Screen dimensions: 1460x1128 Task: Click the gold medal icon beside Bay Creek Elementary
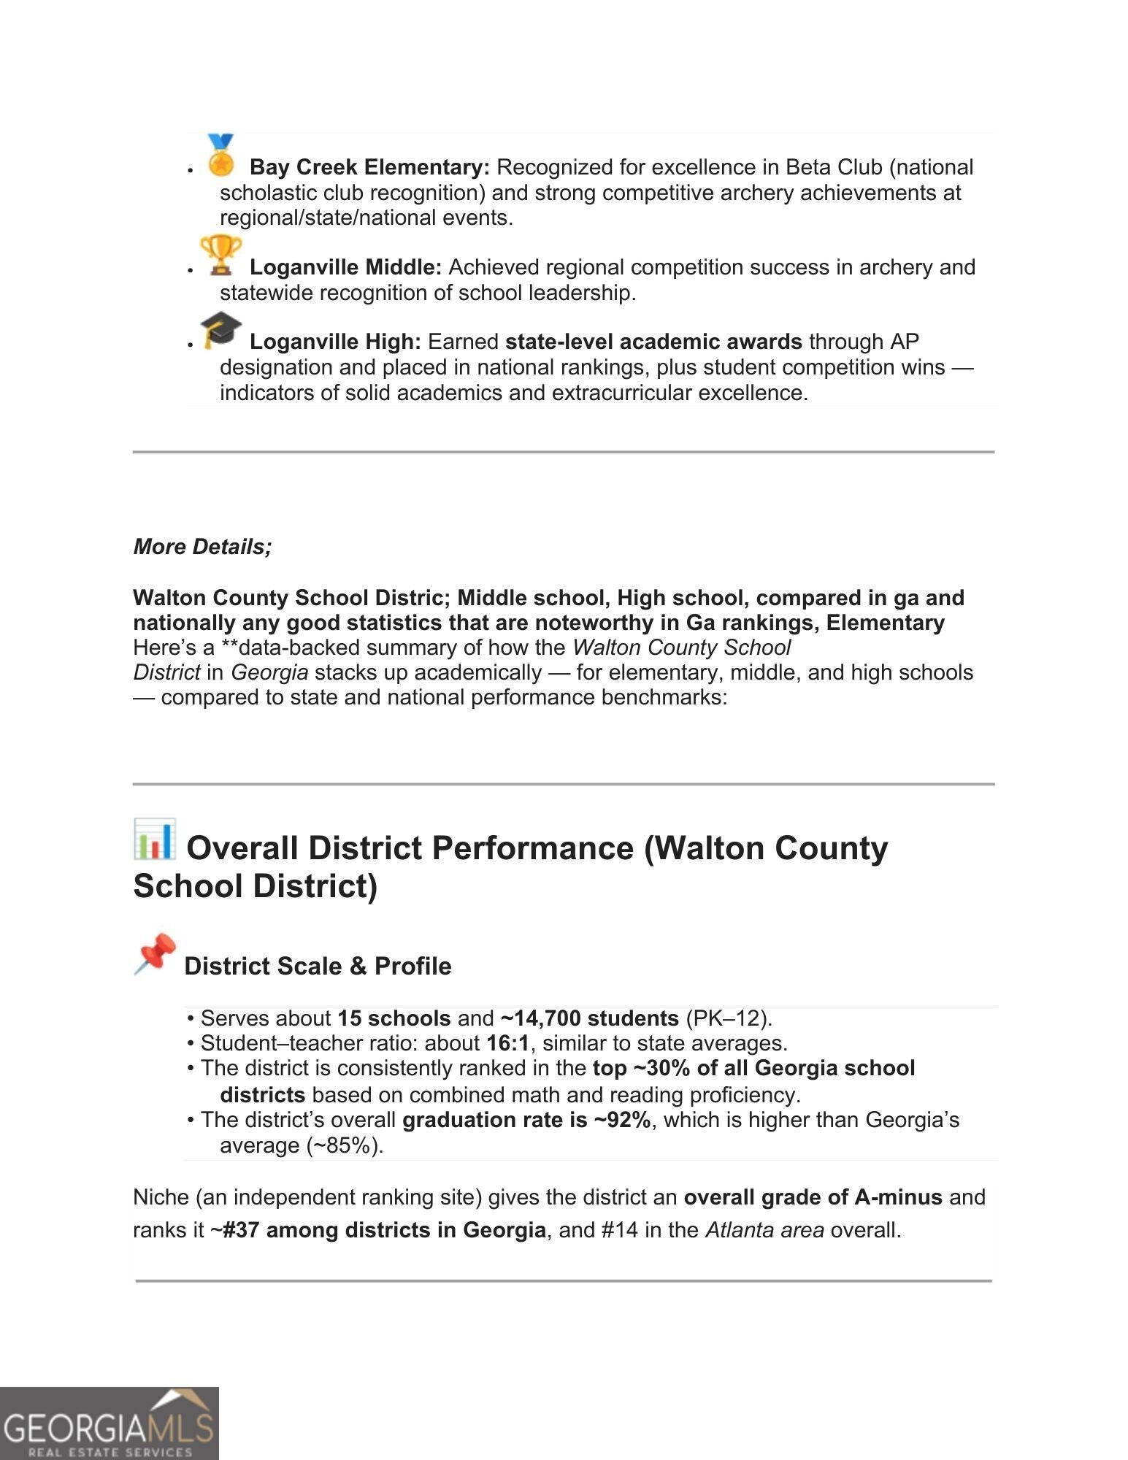[220, 155]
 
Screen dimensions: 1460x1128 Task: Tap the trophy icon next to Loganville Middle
[220, 255]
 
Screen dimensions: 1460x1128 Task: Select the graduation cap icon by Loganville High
[220, 330]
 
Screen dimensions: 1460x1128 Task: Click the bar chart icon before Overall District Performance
[155, 839]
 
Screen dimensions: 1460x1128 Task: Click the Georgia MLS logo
[109, 1423]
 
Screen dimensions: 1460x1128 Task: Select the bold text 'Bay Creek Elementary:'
[369, 167]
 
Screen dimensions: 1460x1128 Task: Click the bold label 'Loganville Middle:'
[345, 267]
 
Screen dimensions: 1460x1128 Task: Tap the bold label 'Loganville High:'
[335, 342]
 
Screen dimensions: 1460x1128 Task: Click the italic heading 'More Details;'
[202, 547]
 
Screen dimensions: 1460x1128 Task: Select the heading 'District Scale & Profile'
[318, 966]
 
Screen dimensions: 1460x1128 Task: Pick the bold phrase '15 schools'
[394, 1018]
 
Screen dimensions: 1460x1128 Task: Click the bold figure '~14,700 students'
[589, 1018]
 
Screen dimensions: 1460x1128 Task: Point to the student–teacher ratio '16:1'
[507, 1043]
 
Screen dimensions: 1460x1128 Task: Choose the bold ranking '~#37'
[234, 1230]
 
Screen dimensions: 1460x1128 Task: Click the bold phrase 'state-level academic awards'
[653, 342]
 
